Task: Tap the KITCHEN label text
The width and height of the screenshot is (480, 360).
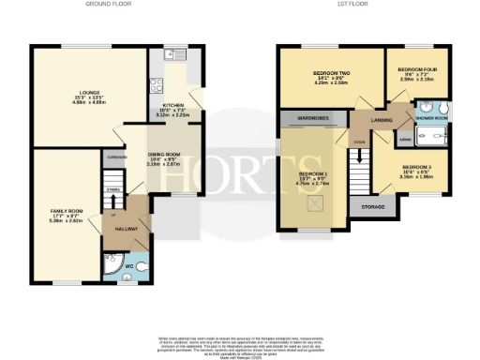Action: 174,105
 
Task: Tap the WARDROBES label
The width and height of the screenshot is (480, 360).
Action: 312,119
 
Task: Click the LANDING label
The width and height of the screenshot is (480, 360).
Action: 381,119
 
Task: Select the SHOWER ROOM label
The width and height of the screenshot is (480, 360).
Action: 432,118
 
